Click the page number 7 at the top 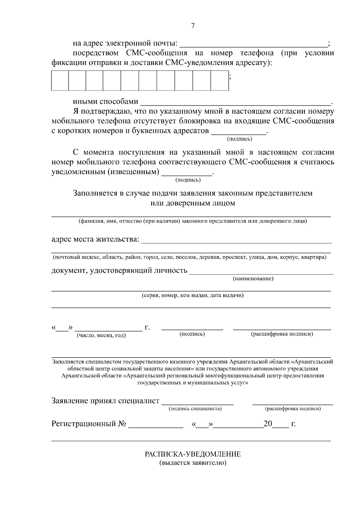click(193, 26)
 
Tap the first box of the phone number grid click(60, 80)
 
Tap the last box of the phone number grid click(220, 80)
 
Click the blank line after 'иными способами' click(235, 103)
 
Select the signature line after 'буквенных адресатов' click(239, 133)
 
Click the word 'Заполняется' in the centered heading click(94, 193)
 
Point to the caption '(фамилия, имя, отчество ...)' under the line click(193, 221)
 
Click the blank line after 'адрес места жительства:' click(236, 241)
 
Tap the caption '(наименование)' click(253, 279)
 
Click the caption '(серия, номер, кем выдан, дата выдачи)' click(193, 296)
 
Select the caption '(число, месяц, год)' click(101, 336)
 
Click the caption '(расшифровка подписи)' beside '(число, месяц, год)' click(282, 334)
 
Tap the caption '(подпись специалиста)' click(195, 409)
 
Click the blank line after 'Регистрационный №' click(156, 427)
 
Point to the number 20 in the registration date click(268, 424)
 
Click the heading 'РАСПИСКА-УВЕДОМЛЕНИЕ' click(193, 454)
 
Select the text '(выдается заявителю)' click(193, 463)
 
